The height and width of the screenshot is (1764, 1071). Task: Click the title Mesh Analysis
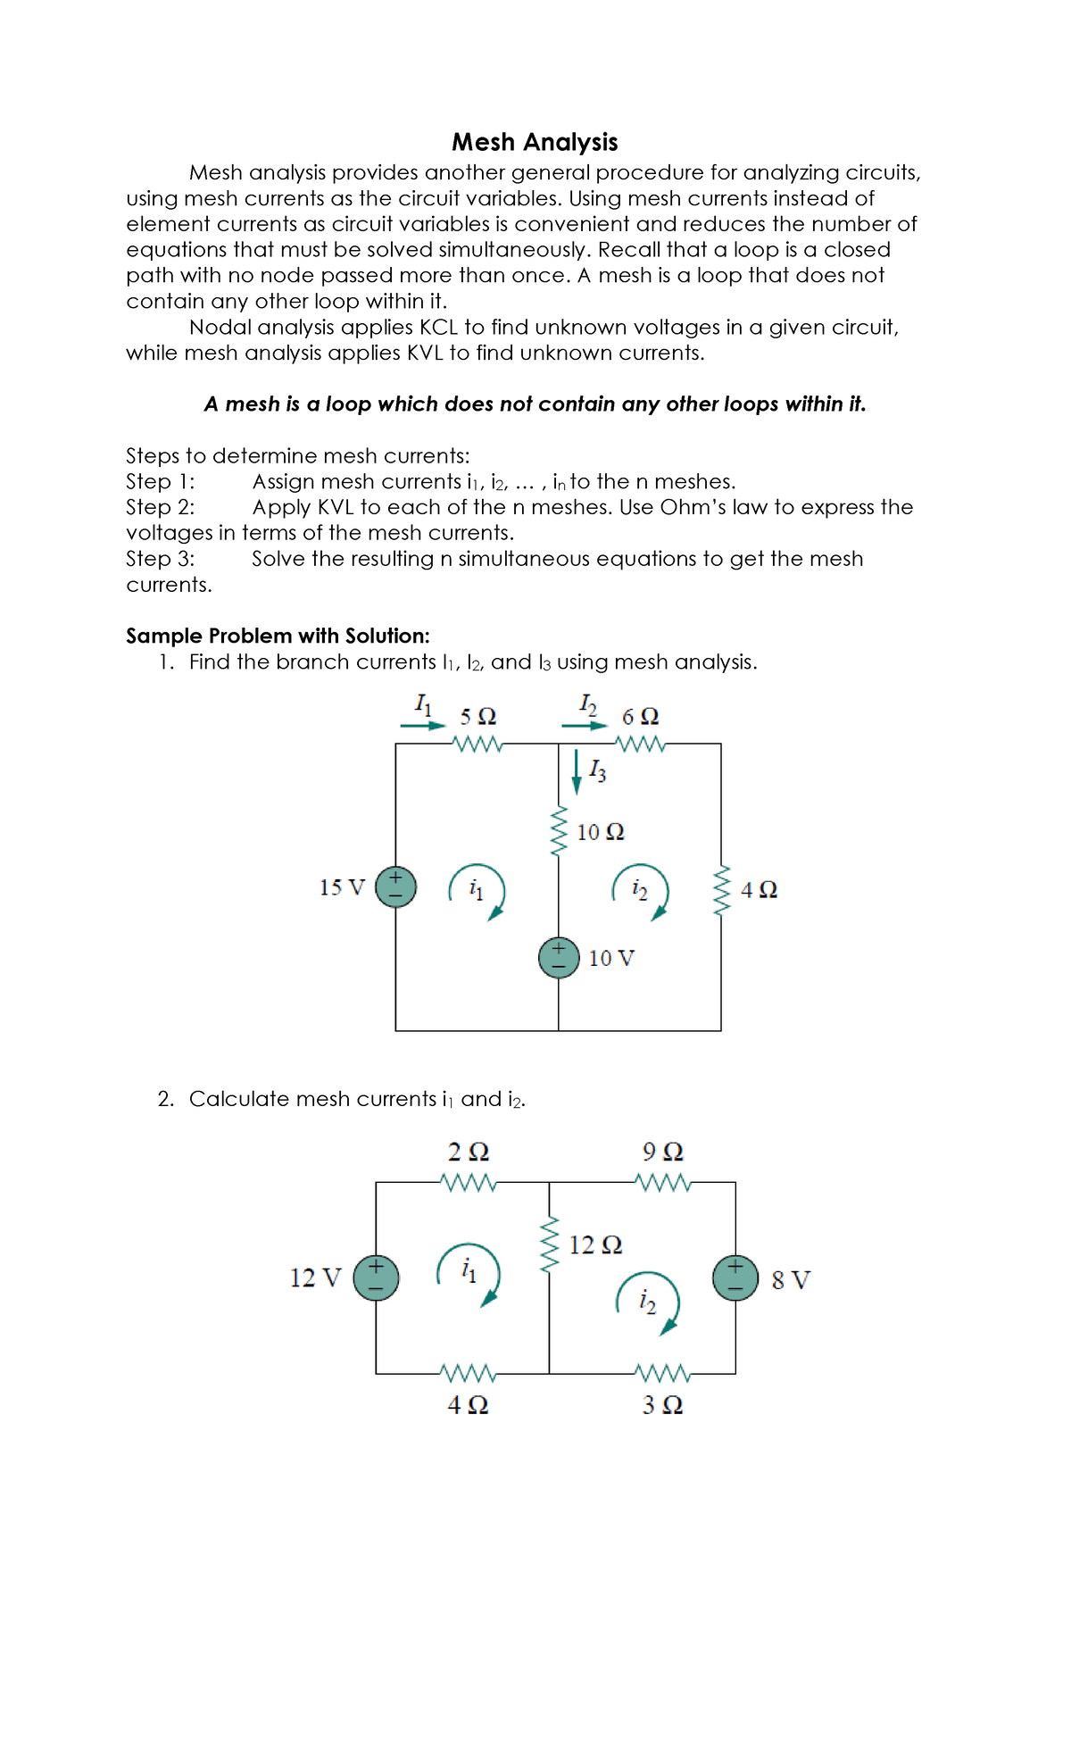[535, 142]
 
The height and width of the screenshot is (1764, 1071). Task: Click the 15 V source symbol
[395, 887]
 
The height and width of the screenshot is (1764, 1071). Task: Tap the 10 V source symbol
[559, 958]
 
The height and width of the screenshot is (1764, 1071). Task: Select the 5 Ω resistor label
[478, 717]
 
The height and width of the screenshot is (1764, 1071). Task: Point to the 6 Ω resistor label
[640, 717]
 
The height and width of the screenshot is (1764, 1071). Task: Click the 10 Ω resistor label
[601, 832]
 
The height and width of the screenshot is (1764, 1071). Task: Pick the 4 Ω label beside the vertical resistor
[759, 890]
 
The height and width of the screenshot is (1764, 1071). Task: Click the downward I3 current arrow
[577, 772]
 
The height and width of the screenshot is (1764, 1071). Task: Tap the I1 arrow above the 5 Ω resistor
[422, 725]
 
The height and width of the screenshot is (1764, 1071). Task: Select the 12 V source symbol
[376, 1277]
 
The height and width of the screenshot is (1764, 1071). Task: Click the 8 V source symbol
[735, 1277]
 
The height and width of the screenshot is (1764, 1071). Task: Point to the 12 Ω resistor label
[595, 1244]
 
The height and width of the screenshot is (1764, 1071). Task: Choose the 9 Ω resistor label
[662, 1152]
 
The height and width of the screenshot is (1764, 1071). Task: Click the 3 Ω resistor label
[662, 1405]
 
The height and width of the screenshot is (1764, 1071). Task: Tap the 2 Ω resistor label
[468, 1152]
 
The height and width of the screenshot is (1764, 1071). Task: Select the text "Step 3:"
[161, 559]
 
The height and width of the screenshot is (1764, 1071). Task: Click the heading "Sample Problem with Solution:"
[278, 636]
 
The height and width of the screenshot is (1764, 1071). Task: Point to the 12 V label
[315, 1278]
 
